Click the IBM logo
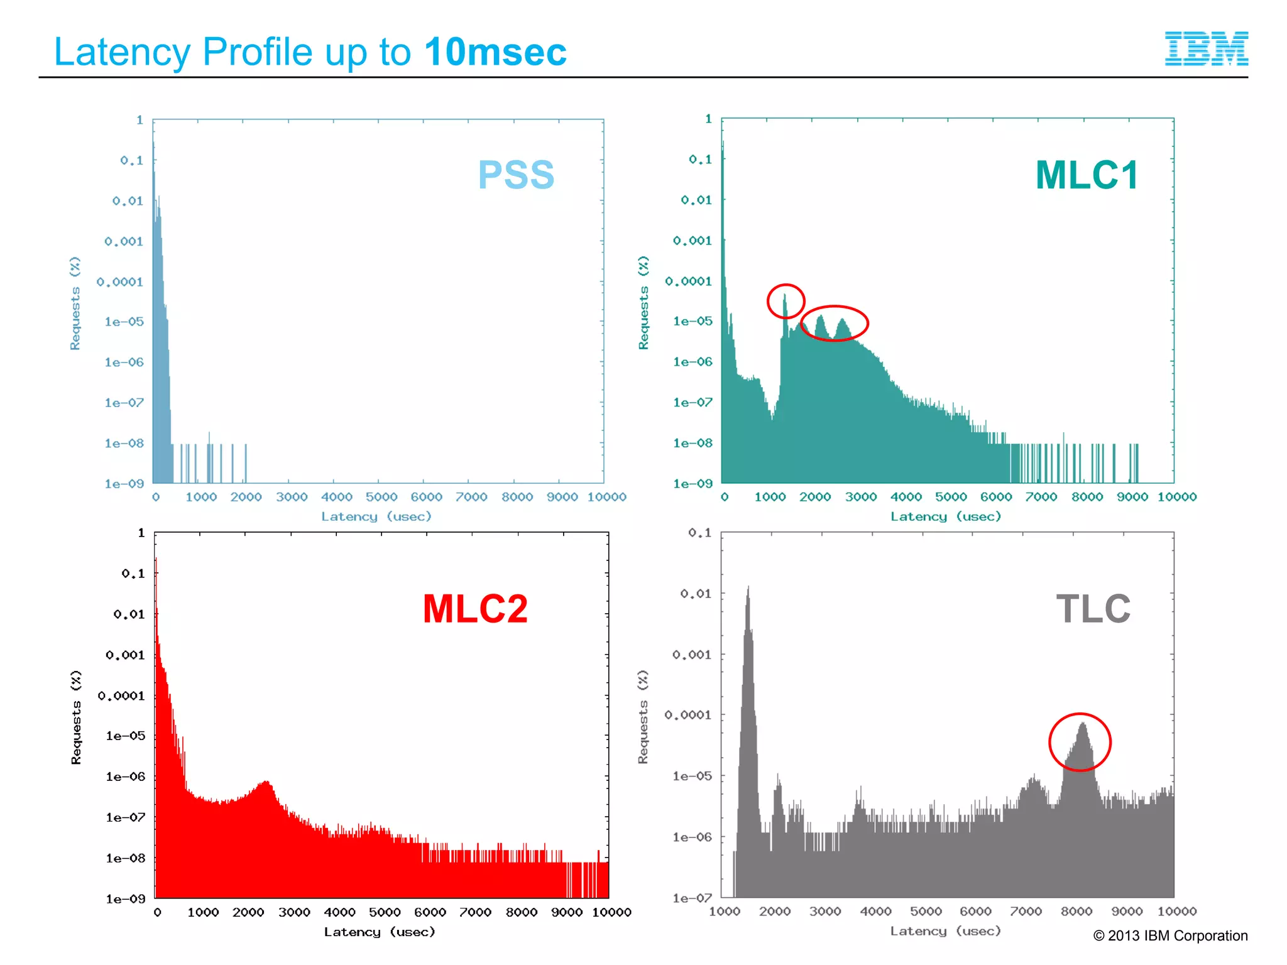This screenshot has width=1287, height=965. point(1206,48)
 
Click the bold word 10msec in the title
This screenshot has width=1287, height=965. point(495,52)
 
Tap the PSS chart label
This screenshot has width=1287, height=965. point(516,175)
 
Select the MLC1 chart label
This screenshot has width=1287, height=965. point(1087,175)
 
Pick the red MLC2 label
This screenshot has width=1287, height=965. point(475,609)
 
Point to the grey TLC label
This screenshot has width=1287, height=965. point(1093,609)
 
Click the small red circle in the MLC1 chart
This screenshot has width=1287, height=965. point(786,301)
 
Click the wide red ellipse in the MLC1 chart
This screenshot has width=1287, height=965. point(835,323)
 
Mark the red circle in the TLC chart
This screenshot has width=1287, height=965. point(1080,742)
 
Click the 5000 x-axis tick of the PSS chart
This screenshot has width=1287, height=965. point(381,497)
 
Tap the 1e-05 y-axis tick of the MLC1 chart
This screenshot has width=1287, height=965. point(693,321)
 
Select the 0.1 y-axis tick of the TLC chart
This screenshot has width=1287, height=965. point(699,533)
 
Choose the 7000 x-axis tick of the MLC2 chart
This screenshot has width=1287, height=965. point(475,912)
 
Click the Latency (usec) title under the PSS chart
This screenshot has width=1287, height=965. point(376,516)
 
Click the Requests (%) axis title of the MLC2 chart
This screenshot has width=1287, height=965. point(76,717)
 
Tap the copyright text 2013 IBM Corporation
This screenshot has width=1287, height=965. point(1170,935)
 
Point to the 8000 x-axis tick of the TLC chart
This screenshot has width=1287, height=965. point(1076,911)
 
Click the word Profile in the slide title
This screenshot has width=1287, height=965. point(256,52)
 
